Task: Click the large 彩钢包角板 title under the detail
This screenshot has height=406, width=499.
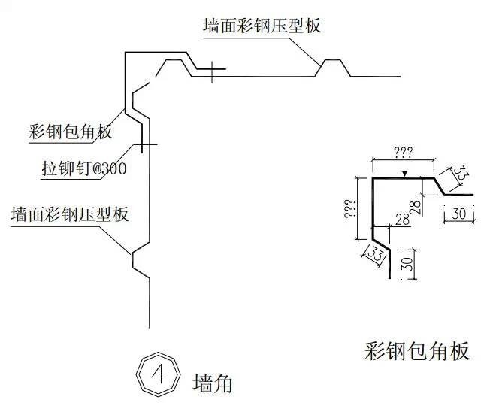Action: coord(418,350)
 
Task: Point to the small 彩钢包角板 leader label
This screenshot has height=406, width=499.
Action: coord(68,132)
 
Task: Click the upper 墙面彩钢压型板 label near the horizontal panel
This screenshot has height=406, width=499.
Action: coord(262,26)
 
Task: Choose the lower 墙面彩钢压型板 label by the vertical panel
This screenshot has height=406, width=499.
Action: coord(70,214)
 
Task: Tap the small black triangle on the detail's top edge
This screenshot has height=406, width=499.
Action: coord(404,175)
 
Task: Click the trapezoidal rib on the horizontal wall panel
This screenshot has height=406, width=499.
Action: coord(334,67)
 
